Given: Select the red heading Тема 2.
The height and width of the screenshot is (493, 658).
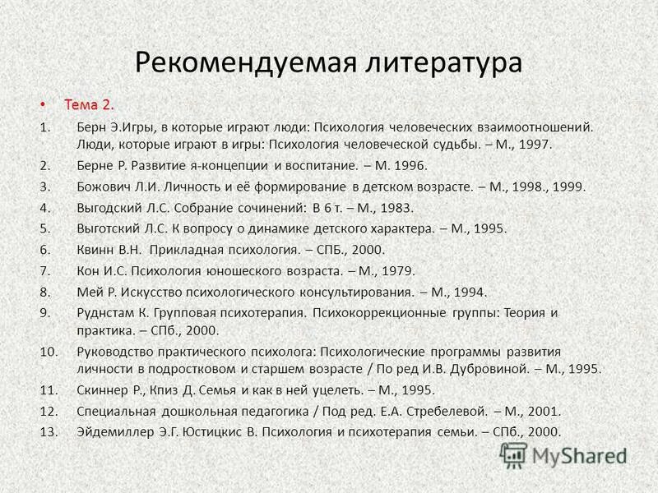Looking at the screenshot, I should (90, 104).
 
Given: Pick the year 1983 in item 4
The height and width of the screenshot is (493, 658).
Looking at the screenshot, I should (396, 207).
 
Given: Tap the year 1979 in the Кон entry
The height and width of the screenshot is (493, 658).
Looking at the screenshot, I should (395, 270).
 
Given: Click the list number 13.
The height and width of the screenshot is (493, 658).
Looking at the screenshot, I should (49, 431).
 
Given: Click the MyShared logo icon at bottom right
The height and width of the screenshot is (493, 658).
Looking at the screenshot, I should (514, 455).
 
